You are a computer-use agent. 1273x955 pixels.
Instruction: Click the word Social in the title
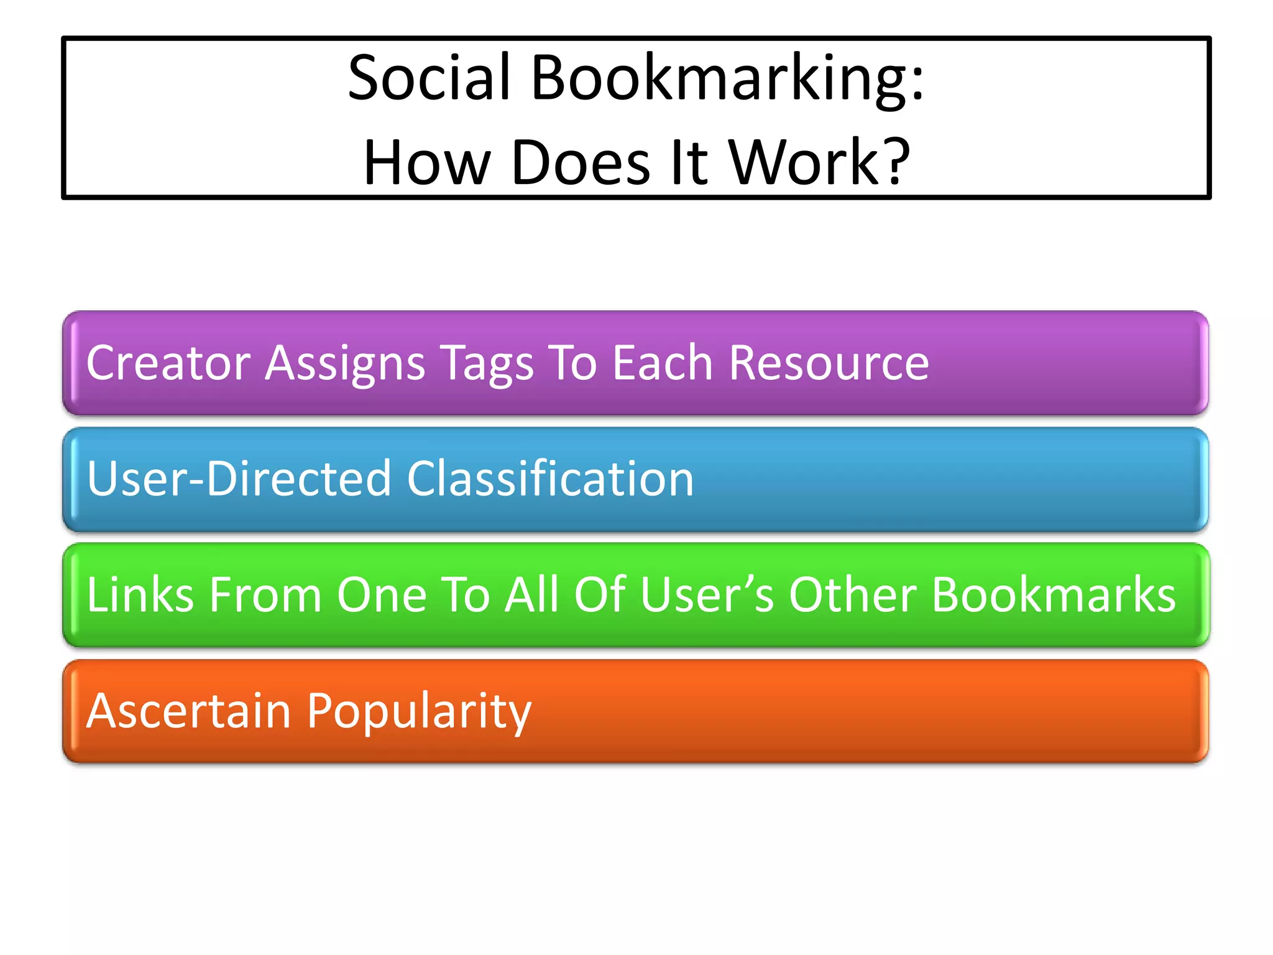point(430,78)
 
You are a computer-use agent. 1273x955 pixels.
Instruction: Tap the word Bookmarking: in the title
point(728,78)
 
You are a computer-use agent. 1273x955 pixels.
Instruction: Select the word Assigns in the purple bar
point(346,364)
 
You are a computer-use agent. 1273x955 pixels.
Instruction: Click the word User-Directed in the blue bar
point(240,479)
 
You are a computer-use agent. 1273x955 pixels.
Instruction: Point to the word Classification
point(550,479)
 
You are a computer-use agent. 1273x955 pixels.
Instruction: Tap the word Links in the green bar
point(140,595)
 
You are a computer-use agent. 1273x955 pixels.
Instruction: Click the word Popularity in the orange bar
point(420,712)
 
